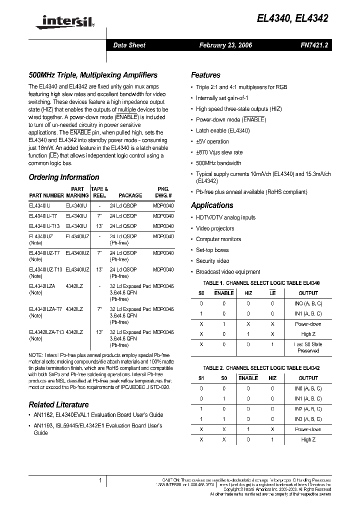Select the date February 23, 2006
225,45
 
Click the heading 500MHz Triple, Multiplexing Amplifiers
93,75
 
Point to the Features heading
205,75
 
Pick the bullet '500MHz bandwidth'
218,163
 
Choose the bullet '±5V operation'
212,141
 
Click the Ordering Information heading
64,177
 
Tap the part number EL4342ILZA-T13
46,332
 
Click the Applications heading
212,205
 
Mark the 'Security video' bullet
212,261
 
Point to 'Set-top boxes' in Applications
212,250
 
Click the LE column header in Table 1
272,293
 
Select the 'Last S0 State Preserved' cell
308,347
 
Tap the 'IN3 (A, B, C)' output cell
308,419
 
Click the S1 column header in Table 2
201,378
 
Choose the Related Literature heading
58,404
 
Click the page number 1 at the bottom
100,480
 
